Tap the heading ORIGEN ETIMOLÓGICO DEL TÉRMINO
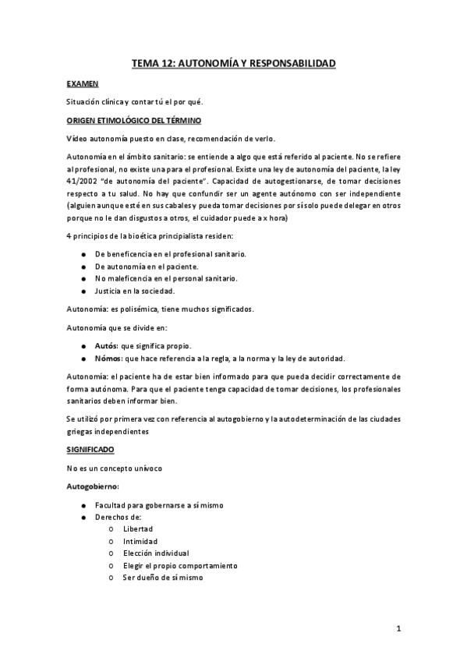click(x=134, y=121)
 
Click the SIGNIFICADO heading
click(x=90, y=451)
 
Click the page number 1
click(x=398, y=628)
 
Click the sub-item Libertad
click(x=138, y=528)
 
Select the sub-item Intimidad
click(x=140, y=541)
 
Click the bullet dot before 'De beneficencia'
click(x=83, y=255)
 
